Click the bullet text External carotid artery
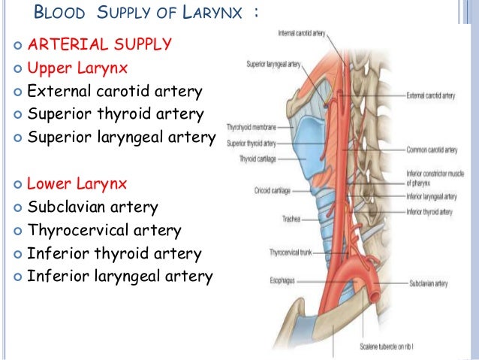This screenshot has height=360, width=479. click(x=114, y=92)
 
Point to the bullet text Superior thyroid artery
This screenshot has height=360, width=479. click(x=115, y=115)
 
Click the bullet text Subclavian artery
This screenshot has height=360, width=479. click(x=92, y=207)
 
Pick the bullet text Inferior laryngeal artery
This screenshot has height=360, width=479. click(x=119, y=276)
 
